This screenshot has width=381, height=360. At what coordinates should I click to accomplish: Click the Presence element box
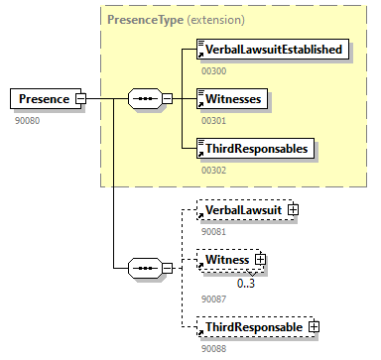[x=42, y=99]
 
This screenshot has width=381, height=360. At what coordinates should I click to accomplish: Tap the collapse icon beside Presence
[x=80, y=99]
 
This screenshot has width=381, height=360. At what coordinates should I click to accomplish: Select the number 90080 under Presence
[x=27, y=119]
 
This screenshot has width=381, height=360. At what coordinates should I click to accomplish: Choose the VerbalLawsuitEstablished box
[x=274, y=50]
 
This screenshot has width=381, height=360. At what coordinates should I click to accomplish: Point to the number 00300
[x=213, y=69]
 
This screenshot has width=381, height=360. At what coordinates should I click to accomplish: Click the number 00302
[x=213, y=170]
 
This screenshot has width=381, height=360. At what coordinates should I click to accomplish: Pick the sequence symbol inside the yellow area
[x=145, y=99]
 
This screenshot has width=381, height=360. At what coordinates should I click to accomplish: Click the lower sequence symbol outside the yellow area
[x=145, y=268]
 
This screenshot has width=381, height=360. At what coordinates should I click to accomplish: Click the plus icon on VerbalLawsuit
[x=294, y=210]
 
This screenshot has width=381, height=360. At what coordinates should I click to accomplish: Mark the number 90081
[x=213, y=230]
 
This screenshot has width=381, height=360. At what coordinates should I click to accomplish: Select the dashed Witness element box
[x=226, y=260]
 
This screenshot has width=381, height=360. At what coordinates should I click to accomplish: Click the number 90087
[x=213, y=297]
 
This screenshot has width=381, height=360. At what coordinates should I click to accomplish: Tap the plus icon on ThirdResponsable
[x=314, y=326]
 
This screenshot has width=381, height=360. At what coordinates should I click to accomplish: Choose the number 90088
[x=213, y=346]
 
